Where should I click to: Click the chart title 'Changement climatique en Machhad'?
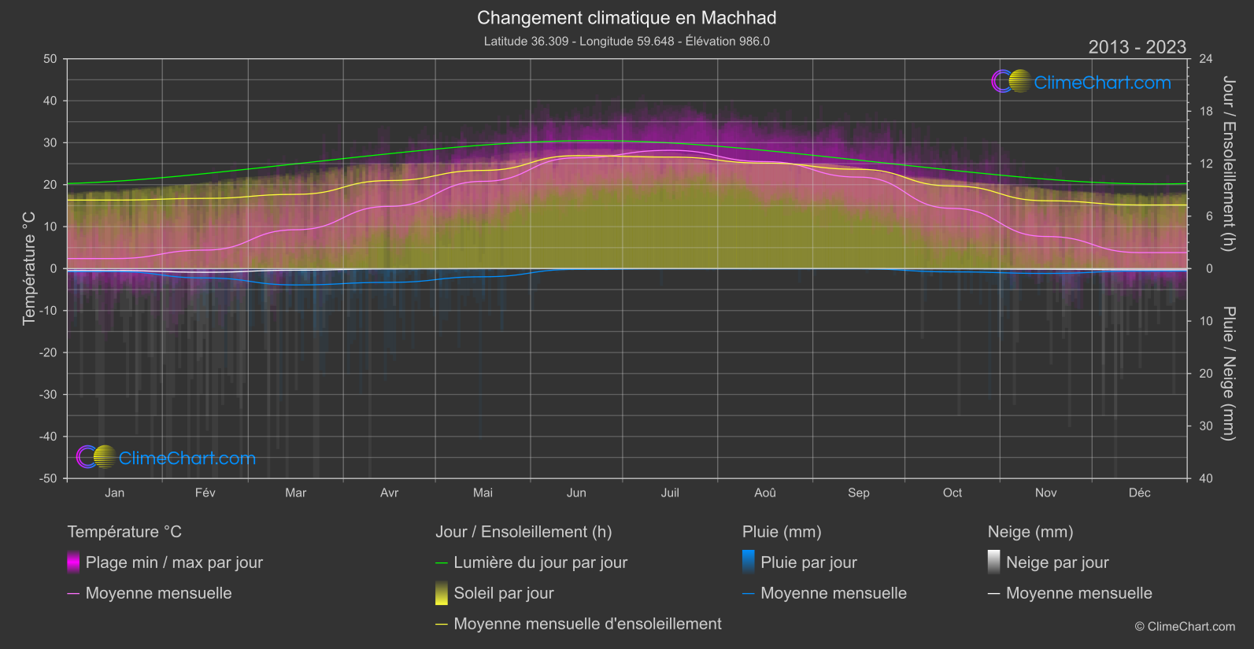click(627, 18)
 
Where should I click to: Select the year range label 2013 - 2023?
click(1137, 47)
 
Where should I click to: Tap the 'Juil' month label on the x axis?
click(670, 492)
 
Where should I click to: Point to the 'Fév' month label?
click(205, 492)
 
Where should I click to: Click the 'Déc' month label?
click(1139, 492)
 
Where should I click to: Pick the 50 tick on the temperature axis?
click(50, 59)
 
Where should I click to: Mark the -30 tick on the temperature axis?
click(49, 395)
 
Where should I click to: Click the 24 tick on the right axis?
click(1205, 59)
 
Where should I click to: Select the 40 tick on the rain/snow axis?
click(1205, 478)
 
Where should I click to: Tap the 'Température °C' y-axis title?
click(29, 267)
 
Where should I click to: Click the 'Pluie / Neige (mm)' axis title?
click(1228, 374)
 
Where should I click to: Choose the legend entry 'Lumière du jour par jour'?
click(540, 562)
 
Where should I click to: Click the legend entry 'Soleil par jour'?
click(504, 593)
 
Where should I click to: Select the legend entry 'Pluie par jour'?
click(808, 562)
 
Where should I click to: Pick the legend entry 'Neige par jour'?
click(1057, 562)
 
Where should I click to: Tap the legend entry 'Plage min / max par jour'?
click(174, 562)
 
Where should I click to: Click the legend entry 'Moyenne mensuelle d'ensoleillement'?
click(587, 624)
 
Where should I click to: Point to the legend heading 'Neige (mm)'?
click(1030, 532)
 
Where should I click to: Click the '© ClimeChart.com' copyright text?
click(1185, 627)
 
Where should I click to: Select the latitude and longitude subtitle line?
click(627, 41)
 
